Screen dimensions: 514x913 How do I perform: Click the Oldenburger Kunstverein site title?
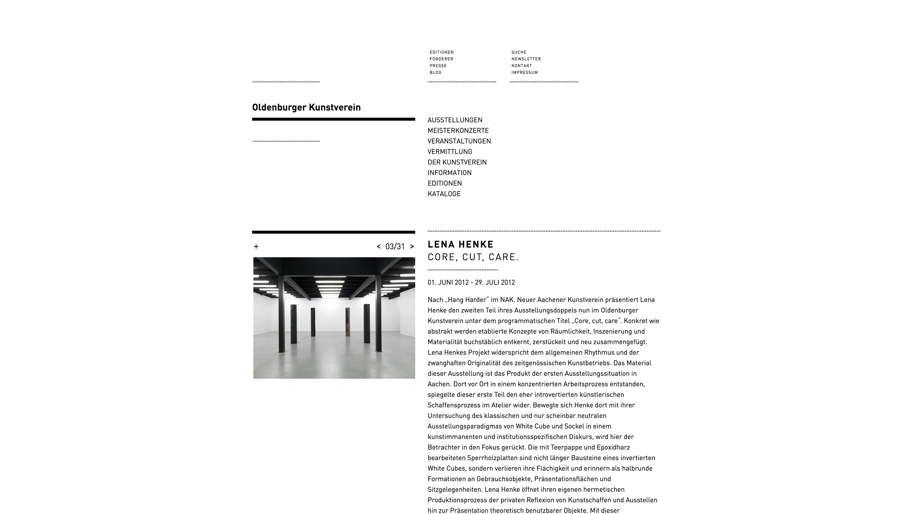click(x=306, y=108)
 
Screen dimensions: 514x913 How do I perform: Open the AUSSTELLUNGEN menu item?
click(x=455, y=120)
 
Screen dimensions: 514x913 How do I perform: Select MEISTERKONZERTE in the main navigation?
click(x=458, y=131)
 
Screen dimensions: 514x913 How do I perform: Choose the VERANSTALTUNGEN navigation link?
click(x=459, y=141)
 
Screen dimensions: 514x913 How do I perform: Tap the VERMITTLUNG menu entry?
click(x=450, y=152)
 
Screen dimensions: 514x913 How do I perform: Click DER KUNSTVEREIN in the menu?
click(x=457, y=162)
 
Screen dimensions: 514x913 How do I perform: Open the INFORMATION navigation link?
click(x=449, y=173)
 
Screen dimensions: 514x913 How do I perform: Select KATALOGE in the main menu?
click(x=444, y=194)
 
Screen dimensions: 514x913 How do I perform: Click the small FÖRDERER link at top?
click(x=441, y=59)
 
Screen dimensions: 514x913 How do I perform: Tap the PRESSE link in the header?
click(x=438, y=66)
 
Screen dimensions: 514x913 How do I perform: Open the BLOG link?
click(x=435, y=72)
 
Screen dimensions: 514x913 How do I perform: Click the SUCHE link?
click(x=519, y=52)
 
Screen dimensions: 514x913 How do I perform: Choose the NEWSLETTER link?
click(x=526, y=59)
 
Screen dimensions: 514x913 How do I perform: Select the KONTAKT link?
click(x=521, y=66)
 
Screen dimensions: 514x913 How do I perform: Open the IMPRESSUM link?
click(x=524, y=72)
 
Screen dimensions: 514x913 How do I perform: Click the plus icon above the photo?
click(x=256, y=246)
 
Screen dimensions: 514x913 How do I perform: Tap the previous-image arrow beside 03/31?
click(x=379, y=246)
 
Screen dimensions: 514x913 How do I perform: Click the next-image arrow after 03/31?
click(x=412, y=246)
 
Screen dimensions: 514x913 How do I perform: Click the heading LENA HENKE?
click(x=460, y=244)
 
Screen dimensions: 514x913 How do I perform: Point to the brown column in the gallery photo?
click(x=348, y=322)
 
